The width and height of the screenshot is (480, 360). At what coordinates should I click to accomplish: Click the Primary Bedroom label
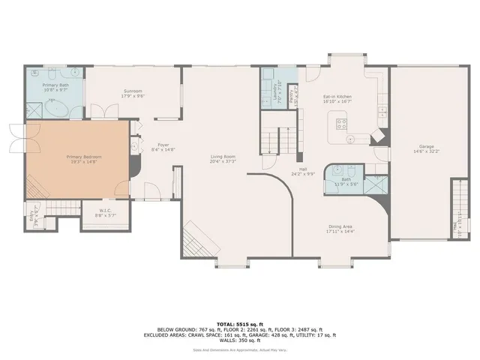pyautogui.click(x=83, y=157)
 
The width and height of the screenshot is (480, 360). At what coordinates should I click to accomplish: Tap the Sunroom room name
pyautogui.click(x=133, y=92)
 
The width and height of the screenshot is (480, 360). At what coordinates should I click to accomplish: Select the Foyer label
pyautogui.click(x=162, y=145)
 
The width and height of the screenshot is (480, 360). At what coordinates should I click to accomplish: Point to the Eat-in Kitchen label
pyautogui.click(x=337, y=97)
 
